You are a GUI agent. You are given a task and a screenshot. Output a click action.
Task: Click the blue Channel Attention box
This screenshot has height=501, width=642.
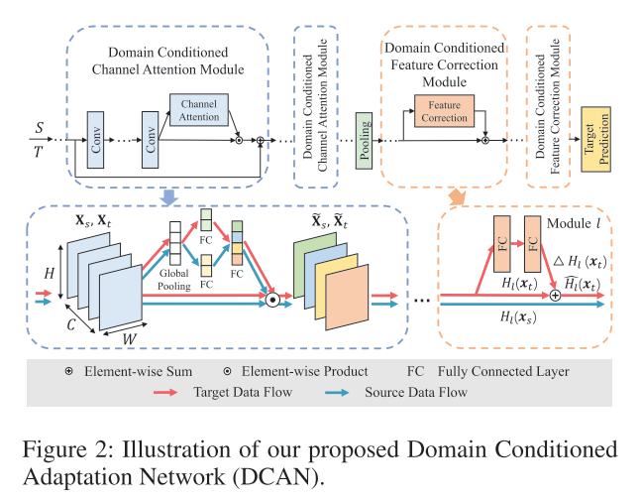coord(199,110)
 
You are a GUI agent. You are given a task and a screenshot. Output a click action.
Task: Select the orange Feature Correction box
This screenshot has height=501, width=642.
coord(443,110)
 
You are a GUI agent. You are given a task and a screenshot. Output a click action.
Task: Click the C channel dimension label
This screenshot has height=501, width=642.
coord(70,323)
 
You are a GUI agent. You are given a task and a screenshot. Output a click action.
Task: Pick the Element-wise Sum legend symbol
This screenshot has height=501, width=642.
coord(68,371)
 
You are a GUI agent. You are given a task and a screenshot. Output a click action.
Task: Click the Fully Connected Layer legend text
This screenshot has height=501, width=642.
coord(519,371)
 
